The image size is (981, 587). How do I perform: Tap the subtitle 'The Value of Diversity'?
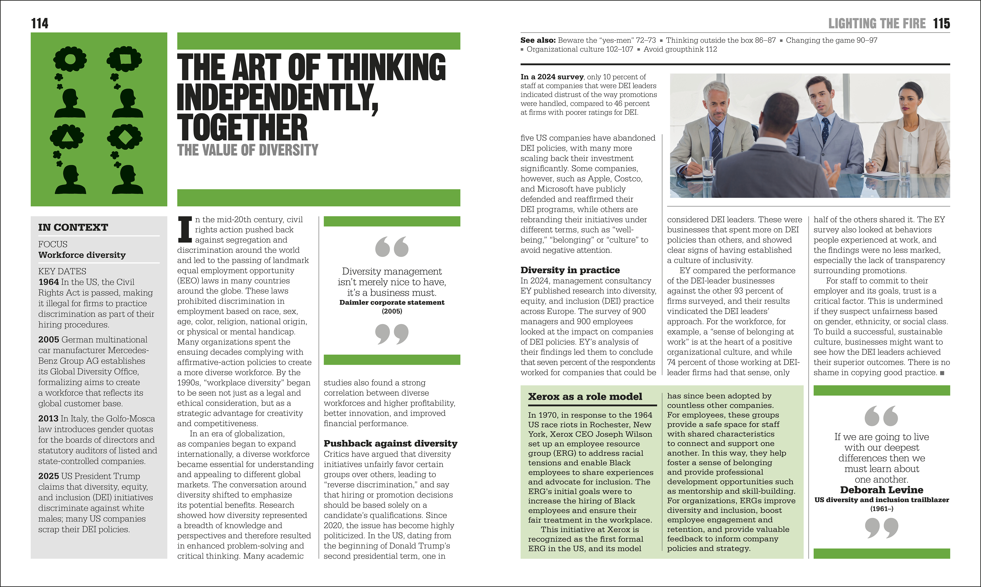247,150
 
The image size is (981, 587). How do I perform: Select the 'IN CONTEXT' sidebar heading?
73,228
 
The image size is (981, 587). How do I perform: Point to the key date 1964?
48,282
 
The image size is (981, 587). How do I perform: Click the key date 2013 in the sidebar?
48,418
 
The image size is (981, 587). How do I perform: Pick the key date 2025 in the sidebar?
48,476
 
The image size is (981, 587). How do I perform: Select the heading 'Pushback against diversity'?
390,443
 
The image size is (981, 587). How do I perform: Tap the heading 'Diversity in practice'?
570,270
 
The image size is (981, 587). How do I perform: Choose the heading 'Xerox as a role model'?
585,397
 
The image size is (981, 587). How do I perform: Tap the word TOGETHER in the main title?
242,127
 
